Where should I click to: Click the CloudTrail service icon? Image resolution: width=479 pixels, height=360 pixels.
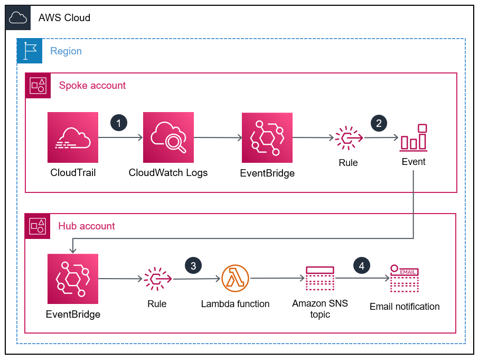pyautogui.click(x=73, y=137)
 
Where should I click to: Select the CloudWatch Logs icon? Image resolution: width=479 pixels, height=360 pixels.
pyautogui.click(x=168, y=137)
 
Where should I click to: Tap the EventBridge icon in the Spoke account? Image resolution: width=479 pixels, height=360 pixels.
pyautogui.click(x=267, y=137)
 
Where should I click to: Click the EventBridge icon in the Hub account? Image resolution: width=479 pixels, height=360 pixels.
pyautogui.click(x=73, y=279)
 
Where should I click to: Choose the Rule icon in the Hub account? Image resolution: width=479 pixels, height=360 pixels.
pyautogui.click(x=157, y=279)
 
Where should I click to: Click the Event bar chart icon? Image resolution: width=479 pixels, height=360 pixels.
pyautogui.click(x=414, y=137)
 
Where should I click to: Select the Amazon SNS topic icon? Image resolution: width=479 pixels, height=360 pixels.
pyautogui.click(x=320, y=279)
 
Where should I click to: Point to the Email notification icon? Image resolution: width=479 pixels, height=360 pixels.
pyautogui.click(x=405, y=279)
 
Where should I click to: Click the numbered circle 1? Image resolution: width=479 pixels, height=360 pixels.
pyautogui.click(x=119, y=123)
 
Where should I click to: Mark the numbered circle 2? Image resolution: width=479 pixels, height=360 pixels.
pyautogui.click(x=379, y=123)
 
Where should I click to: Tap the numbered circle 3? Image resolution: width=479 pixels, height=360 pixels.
pyautogui.click(x=193, y=265)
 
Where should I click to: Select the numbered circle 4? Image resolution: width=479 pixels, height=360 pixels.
pyautogui.click(x=362, y=265)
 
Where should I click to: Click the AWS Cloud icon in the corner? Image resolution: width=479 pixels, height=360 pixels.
pyautogui.click(x=18, y=18)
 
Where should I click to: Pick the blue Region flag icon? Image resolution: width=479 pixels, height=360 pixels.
pyautogui.click(x=30, y=51)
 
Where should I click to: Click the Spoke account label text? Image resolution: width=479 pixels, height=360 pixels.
pyautogui.click(x=92, y=86)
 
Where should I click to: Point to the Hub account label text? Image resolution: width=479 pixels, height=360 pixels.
pyautogui.click(x=87, y=226)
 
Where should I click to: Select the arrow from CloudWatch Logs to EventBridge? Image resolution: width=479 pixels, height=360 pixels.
pyautogui.click(x=218, y=138)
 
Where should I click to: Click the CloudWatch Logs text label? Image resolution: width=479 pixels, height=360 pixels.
pyautogui.click(x=168, y=173)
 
